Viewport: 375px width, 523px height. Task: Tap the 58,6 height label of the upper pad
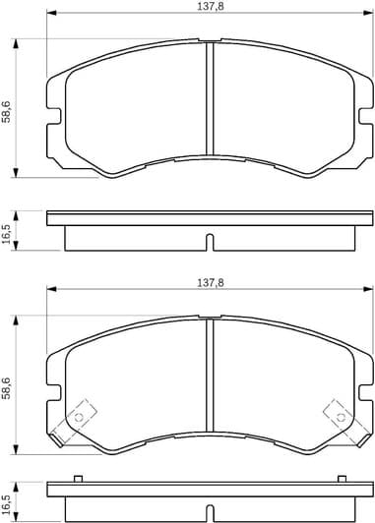coord(8,108)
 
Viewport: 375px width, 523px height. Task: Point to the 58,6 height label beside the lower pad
coord(8,385)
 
